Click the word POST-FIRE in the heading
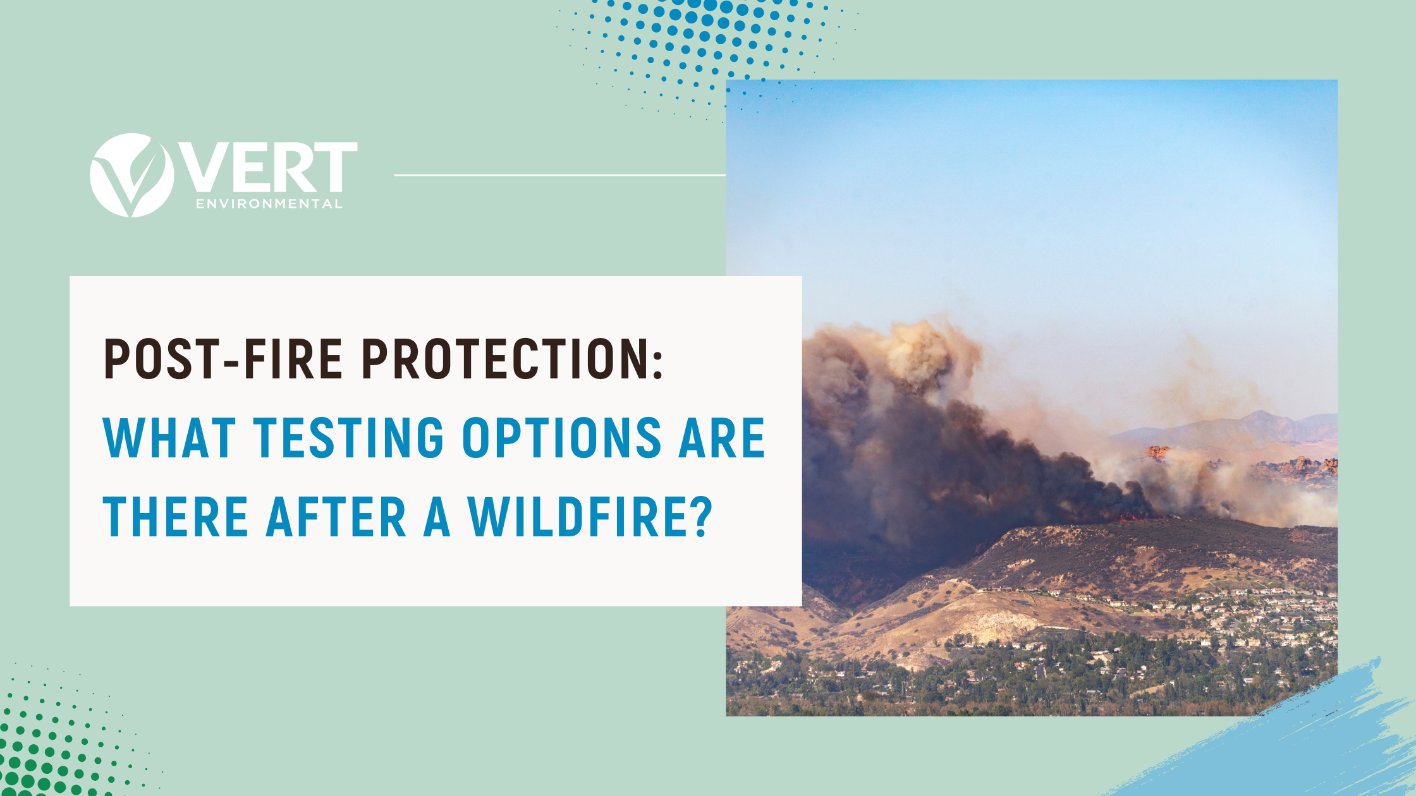coord(223,359)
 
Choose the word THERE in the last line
coord(176,517)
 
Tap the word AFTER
coord(336,517)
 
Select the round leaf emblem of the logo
coord(132,175)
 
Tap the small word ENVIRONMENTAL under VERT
coord(269,203)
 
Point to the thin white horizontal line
coord(560,175)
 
